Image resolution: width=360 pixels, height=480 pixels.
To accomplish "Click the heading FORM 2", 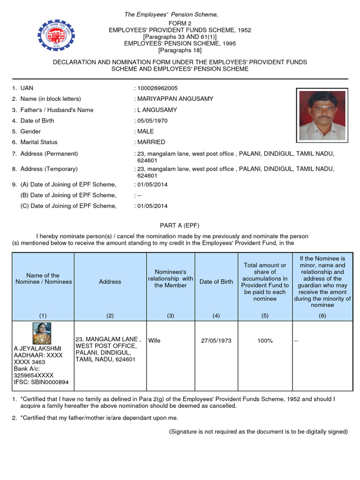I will coord(180,23).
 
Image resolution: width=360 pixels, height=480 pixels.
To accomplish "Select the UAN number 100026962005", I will coord(157,88).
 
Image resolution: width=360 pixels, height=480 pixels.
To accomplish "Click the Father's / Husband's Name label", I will coord(57,110).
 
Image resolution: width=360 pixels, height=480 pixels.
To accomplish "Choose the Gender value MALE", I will coord(145,131).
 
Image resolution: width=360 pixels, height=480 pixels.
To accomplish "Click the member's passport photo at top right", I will coord(322,115).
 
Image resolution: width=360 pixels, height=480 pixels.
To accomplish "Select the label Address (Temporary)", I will coord(49,169).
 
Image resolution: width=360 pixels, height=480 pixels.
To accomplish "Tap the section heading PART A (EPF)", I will coord(180,225).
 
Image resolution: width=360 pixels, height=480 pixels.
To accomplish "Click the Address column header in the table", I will coord(110,282).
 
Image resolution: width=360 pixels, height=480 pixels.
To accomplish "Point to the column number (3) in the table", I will coord(171,316).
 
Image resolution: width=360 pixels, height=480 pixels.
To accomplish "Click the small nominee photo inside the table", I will coord(42,333).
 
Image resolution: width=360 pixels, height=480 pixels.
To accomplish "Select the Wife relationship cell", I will coord(155,341).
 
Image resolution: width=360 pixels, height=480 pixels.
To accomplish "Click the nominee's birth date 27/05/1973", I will coord(216,341).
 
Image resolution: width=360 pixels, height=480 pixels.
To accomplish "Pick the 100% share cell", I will coord(265,341).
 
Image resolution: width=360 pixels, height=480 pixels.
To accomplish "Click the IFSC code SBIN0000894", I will coord(41,382).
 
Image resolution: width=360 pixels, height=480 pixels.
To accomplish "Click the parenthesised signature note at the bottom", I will coord(258,431).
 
